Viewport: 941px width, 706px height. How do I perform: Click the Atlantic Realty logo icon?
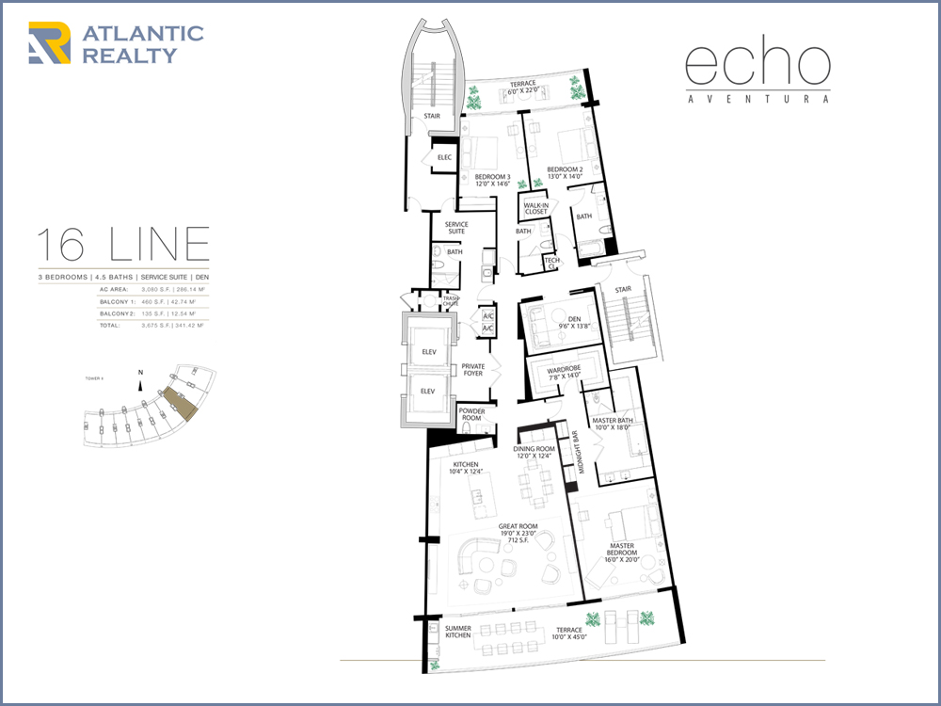pyautogui.click(x=50, y=43)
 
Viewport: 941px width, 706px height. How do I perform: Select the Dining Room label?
pyautogui.click(x=534, y=453)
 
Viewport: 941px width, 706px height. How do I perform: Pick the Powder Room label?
pyautogui.click(x=471, y=415)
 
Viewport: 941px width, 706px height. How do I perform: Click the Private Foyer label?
pyautogui.click(x=473, y=370)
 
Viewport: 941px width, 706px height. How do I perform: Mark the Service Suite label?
pyautogui.click(x=456, y=228)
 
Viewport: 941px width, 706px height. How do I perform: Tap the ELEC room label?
pyautogui.click(x=444, y=157)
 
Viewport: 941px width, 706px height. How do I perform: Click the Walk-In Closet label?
pyautogui.click(x=535, y=208)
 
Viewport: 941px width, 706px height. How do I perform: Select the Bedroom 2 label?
pyautogui.click(x=566, y=173)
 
